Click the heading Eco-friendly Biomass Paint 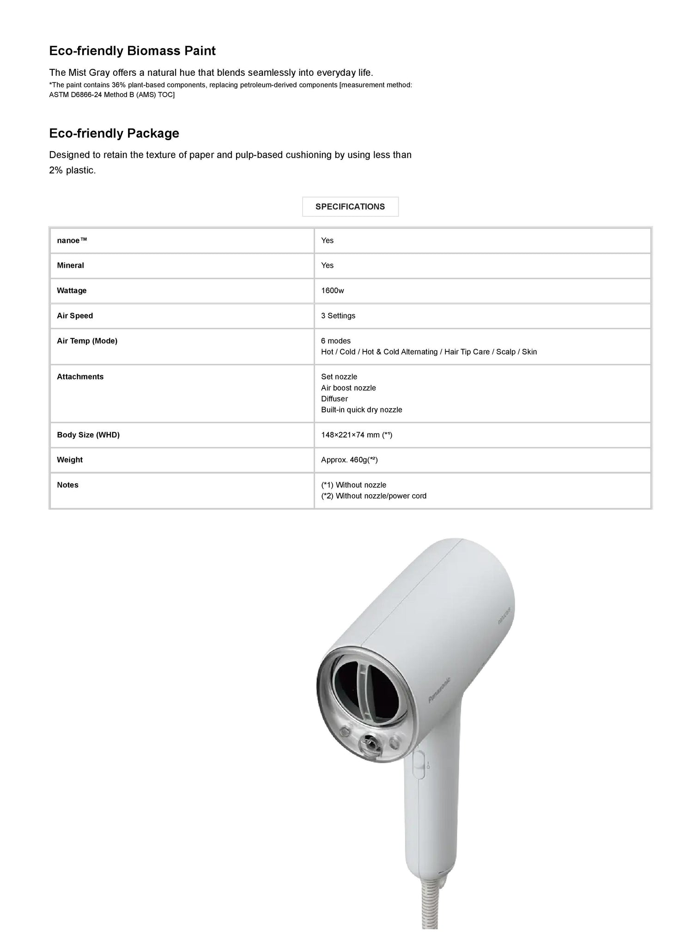point(132,51)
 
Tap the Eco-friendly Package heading point(114,133)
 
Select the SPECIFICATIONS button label point(350,207)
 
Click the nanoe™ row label point(72,240)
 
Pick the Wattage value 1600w point(333,291)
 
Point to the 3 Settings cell point(338,316)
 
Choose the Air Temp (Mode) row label point(87,341)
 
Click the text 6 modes point(336,341)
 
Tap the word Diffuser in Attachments point(334,399)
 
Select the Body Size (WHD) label point(88,435)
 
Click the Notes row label point(67,485)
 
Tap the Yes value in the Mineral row point(327,265)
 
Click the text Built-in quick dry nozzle point(362,410)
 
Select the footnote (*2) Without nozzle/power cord point(374,496)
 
